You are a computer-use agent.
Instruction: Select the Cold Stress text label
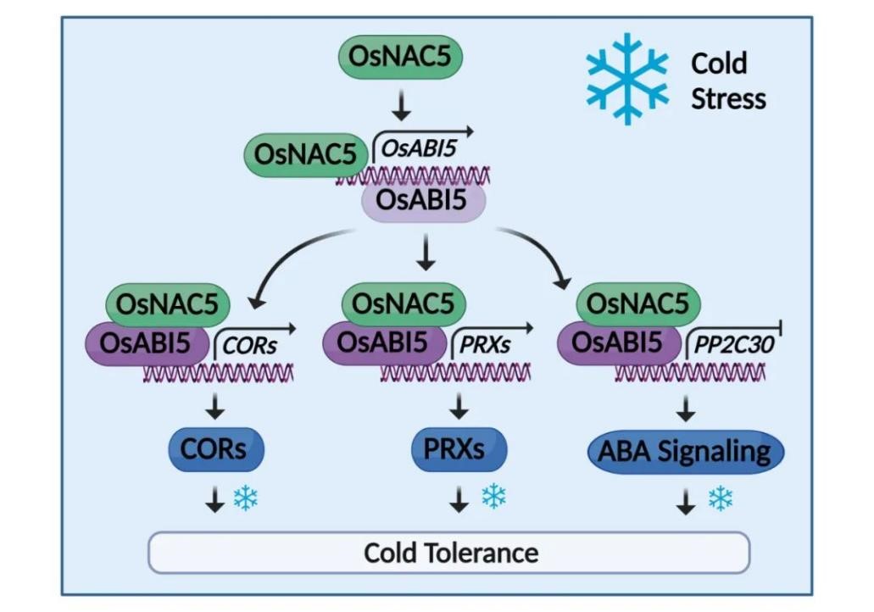[x=727, y=81]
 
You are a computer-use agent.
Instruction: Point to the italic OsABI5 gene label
[x=419, y=148]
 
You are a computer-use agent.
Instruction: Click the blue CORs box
[x=218, y=449]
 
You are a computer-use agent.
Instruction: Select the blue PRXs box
[x=459, y=449]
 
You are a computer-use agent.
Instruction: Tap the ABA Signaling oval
[x=685, y=451]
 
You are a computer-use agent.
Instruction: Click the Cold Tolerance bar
[x=450, y=553]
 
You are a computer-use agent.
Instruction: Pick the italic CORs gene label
[x=250, y=346]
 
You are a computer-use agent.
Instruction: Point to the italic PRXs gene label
[x=485, y=346]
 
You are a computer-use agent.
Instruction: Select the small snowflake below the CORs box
[x=246, y=498]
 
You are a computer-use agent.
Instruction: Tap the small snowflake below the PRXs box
[x=493, y=497]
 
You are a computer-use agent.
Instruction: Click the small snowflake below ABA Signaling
[x=721, y=498]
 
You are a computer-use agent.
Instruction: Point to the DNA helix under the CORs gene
[x=218, y=373]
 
